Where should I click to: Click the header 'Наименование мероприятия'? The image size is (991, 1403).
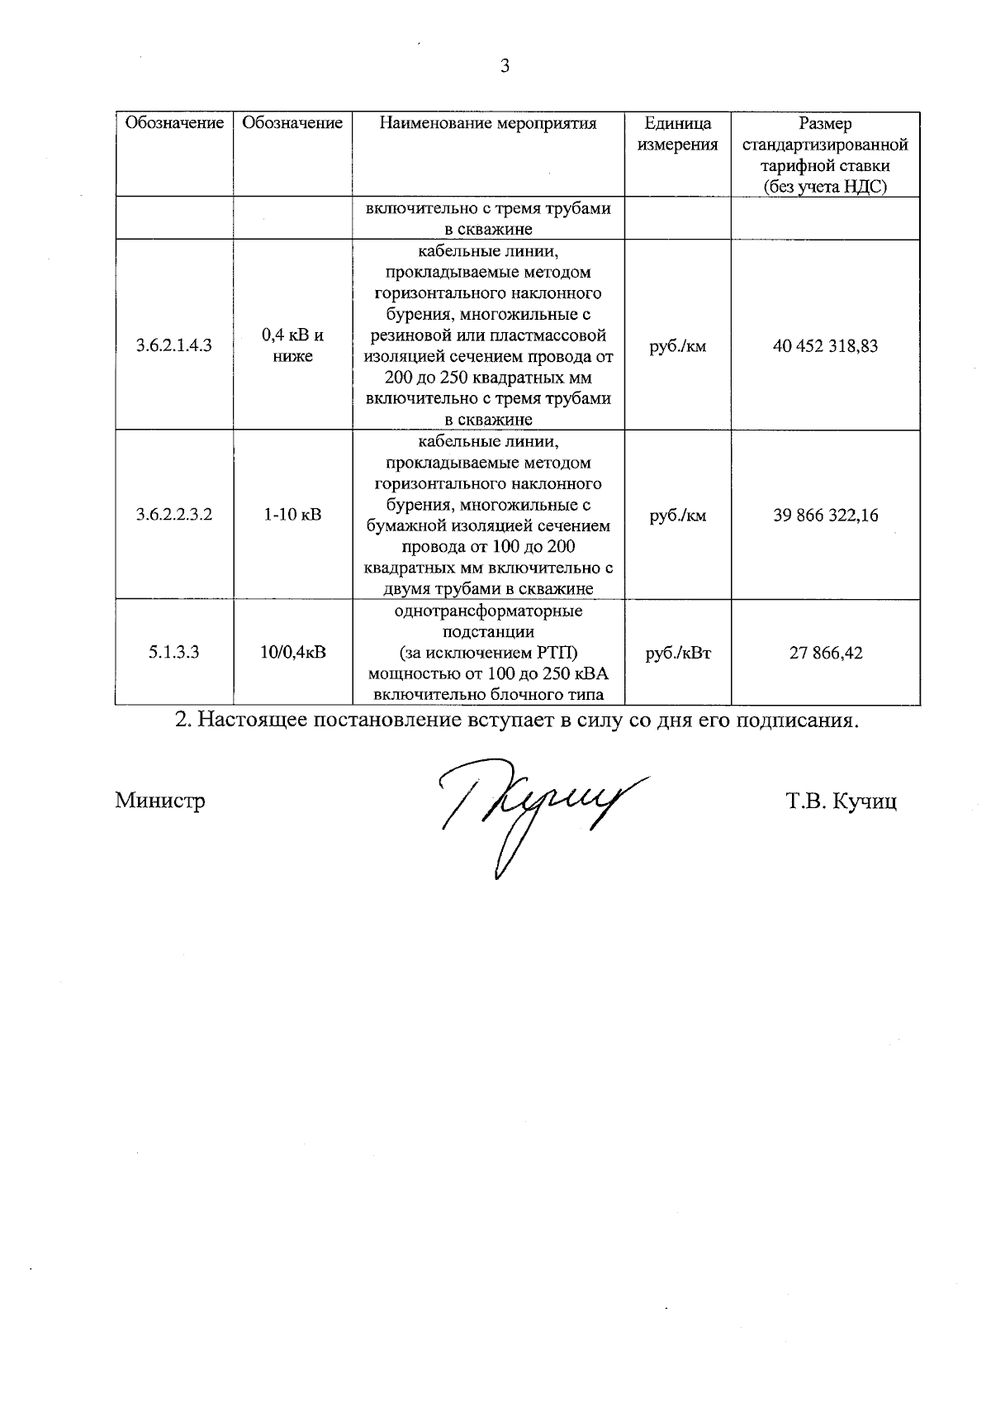click(x=488, y=124)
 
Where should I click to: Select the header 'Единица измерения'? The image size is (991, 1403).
click(x=678, y=134)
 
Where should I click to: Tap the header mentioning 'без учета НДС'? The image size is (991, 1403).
click(x=825, y=187)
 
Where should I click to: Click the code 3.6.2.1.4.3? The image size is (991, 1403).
click(x=174, y=345)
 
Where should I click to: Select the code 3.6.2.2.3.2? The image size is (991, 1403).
click(x=174, y=515)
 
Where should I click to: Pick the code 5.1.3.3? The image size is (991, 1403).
click(x=174, y=652)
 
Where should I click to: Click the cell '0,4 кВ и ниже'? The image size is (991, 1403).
click(x=292, y=345)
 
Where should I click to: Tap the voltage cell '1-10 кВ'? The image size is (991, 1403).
click(x=292, y=515)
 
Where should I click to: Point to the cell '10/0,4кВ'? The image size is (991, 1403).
click(x=292, y=652)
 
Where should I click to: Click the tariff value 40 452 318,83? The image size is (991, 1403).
click(x=825, y=345)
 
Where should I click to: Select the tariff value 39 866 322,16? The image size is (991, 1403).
click(x=825, y=515)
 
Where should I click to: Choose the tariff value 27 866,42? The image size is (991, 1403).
click(x=825, y=652)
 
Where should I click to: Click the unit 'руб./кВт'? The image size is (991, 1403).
click(x=678, y=652)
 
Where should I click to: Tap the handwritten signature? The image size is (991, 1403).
click(x=537, y=810)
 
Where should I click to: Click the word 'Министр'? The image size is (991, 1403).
click(x=160, y=801)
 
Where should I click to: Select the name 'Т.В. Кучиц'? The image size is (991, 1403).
click(x=842, y=801)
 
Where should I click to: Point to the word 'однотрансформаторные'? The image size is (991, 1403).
click(x=488, y=611)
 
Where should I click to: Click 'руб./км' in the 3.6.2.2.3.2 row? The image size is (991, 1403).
click(x=678, y=515)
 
